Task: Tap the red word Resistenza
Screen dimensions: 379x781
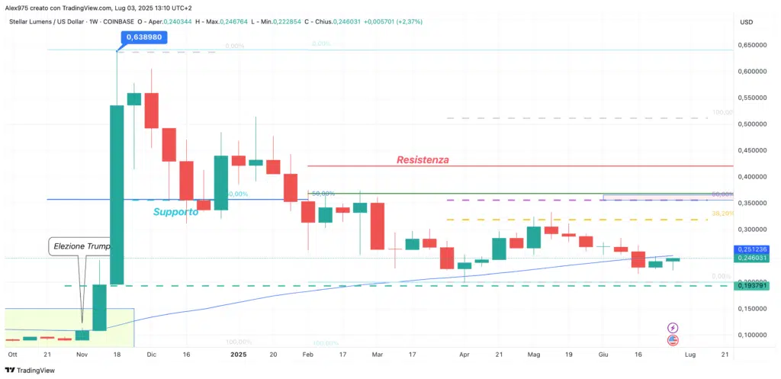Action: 423,160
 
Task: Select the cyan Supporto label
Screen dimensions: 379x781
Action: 175,211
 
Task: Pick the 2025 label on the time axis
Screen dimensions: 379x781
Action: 238,355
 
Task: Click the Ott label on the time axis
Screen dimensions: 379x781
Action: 12,355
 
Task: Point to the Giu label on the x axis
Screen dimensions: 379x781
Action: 603,355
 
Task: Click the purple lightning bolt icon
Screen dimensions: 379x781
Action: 673,327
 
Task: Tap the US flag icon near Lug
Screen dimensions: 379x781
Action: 673,340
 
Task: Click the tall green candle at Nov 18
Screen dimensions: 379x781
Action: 117,194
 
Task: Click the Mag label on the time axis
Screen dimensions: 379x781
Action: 534,355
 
